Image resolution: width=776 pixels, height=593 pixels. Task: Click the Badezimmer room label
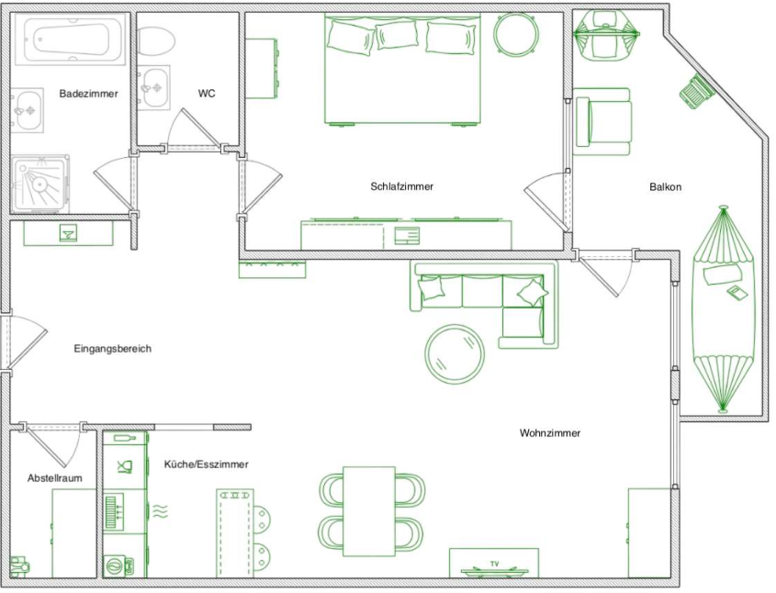point(88,94)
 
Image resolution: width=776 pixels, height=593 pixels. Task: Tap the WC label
point(207,94)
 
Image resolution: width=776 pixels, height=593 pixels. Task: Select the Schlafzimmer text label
point(402,186)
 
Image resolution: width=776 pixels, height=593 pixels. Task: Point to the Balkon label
point(665,187)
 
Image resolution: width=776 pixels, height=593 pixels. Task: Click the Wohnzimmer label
point(550,433)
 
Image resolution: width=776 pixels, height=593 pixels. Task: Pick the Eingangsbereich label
point(113,349)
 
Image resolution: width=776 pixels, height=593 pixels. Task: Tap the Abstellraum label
point(55,478)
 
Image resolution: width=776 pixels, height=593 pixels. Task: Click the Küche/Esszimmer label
point(207,464)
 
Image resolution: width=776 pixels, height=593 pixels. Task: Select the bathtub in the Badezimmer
point(70,39)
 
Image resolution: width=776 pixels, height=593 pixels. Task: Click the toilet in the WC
point(156,40)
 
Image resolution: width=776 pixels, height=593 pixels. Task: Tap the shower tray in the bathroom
point(39,184)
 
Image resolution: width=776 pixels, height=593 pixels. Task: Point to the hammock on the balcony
point(723,309)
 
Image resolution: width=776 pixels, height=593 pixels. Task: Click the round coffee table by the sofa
point(455,354)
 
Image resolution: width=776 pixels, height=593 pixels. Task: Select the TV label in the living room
point(494,564)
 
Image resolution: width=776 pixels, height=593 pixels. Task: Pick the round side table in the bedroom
point(515,33)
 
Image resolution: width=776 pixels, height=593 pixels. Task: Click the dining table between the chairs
point(369,511)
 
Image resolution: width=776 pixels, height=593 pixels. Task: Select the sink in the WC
point(154,87)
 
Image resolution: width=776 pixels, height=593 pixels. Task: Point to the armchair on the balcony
point(602,122)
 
